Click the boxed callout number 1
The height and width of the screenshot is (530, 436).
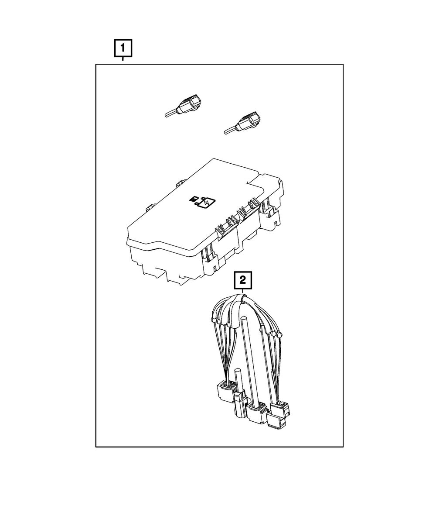pyautogui.click(x=123, y=48)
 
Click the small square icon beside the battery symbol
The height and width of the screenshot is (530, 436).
pyautogui.click(x=193, y=198)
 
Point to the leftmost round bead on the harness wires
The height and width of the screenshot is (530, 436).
pyautogui.click(x=214, y=320)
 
